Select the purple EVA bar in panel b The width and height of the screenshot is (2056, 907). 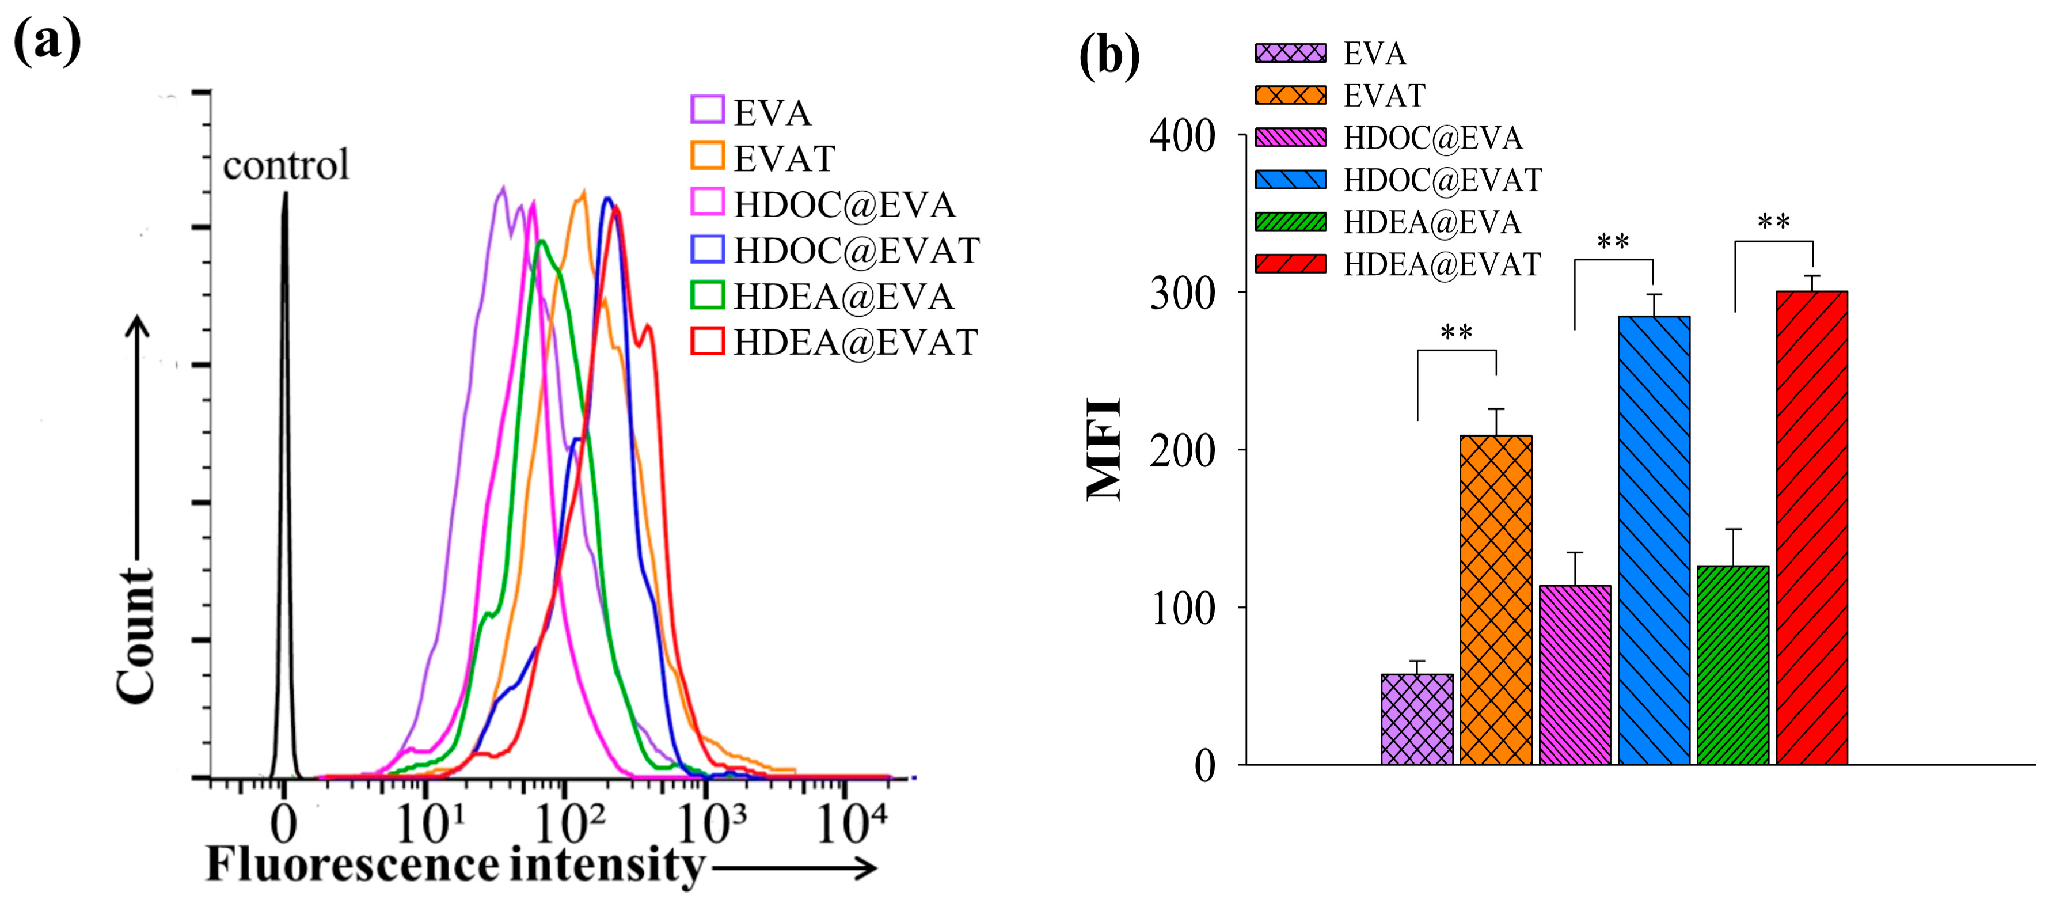point(1417,719)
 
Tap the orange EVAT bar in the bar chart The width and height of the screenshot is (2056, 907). point(1496,599)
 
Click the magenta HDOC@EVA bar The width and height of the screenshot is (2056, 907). point(1575,675)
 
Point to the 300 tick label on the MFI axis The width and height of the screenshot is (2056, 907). point(1182,294)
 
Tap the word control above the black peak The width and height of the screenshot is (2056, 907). point(286,165)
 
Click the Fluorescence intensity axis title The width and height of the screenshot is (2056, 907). point(455,866)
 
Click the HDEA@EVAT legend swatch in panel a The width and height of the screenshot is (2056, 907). point(707,341)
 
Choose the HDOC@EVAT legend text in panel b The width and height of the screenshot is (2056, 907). point(1442,180)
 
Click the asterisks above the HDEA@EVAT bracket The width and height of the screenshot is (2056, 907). point(1773,221)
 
